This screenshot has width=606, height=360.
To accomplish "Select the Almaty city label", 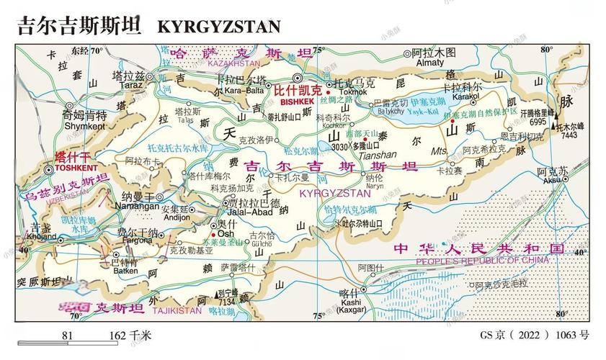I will pyautogui.click(x=430, y=63).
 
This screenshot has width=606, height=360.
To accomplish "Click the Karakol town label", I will pyautogui.click(x=465, y=96).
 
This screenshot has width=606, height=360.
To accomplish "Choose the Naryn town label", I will pyautogui.click(x=373, y=185).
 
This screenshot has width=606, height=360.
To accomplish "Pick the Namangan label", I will pyautogui.click(x=140, y=206).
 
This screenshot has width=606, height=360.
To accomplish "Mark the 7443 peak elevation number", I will pyautogui.click(x=569, y=135).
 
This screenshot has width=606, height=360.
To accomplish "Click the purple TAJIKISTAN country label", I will pyautogui.click(x=177, y=310).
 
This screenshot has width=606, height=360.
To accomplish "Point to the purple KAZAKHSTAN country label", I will pyautogui.click(x=233, y=63).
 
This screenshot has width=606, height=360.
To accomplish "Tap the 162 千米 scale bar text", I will pyautogui.click(x=130, y=335).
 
